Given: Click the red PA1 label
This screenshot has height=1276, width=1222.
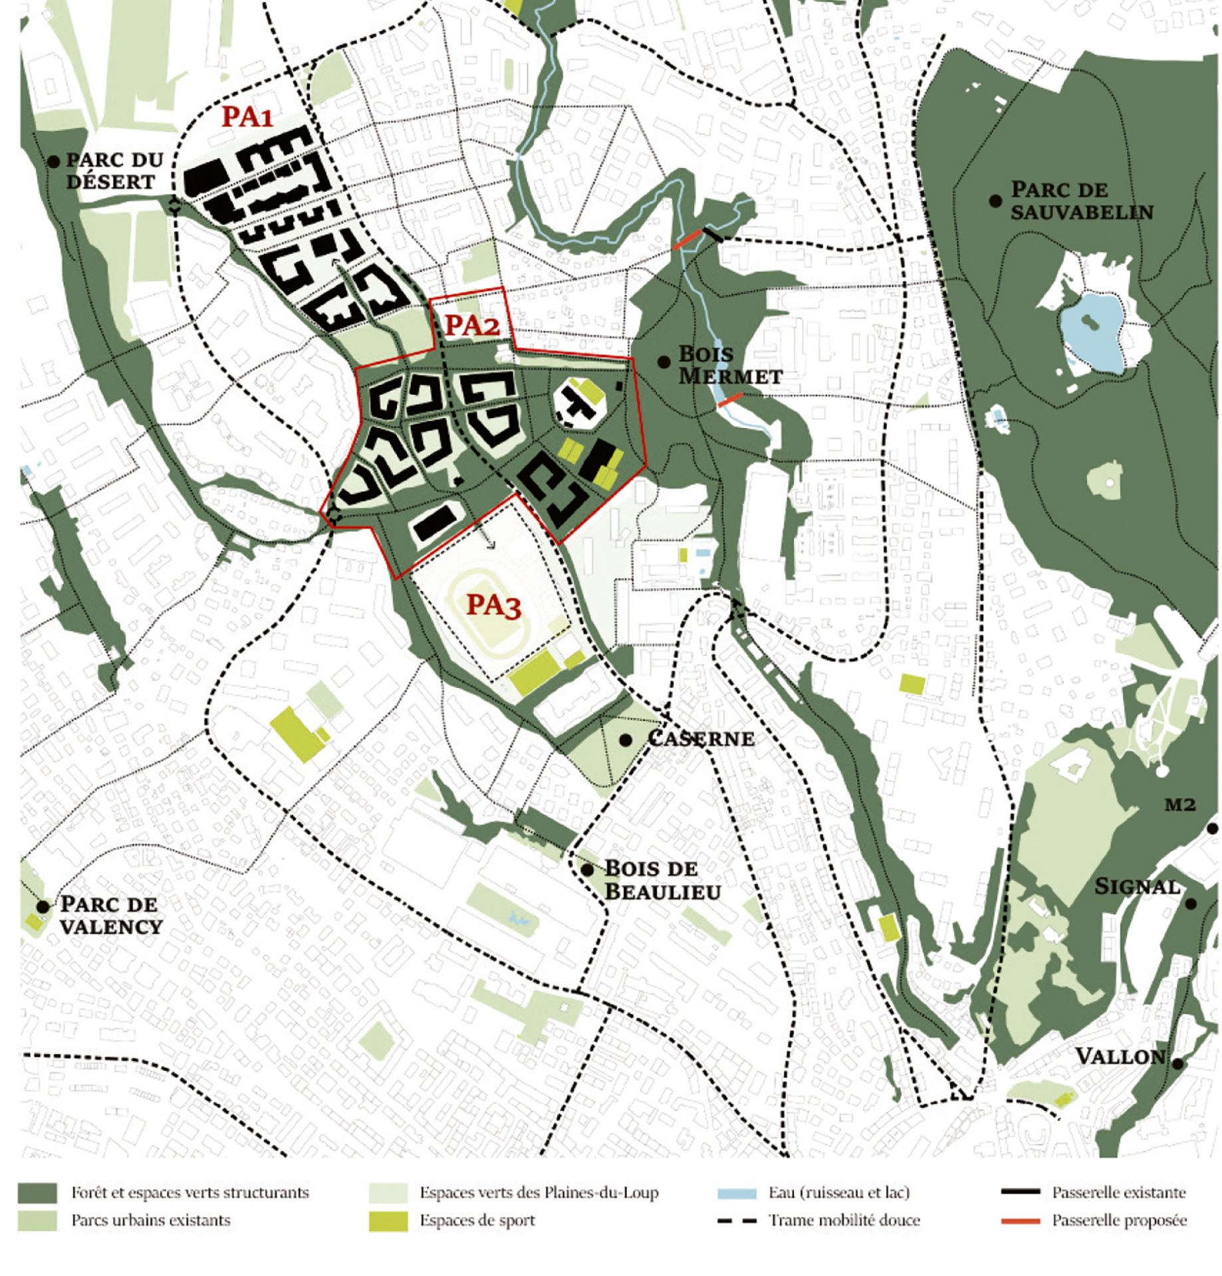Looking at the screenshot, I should (x=247, y=117).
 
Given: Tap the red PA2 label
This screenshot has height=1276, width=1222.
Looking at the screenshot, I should (x=471, y=326).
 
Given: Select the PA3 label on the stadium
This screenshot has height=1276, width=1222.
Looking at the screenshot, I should (x=493, y=605).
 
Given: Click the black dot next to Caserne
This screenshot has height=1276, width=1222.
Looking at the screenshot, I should (x=625, y=740).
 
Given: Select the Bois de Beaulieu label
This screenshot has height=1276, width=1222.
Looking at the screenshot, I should (x=662, y=879).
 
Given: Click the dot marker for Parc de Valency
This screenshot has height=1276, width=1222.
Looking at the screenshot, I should (x=43, y=906).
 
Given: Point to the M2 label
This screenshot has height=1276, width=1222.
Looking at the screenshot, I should (x=1180, y=805).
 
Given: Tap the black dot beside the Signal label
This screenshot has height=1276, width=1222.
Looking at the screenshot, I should (x=1191, y=904).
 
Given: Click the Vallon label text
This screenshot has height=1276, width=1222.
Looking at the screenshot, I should (x=1120, y=1057).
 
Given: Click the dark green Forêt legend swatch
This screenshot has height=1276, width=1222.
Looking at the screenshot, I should (x=37, y=1193).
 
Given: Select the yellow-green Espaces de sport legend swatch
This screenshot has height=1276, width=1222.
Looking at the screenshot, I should (x=388, y=1221).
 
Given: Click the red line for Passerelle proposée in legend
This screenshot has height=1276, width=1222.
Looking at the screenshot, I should (x=1020, y=1221).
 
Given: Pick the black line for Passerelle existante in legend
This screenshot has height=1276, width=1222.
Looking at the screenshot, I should (x=1020, y=1192).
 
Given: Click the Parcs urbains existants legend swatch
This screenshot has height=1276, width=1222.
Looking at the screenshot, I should (x=37, y=1221).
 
